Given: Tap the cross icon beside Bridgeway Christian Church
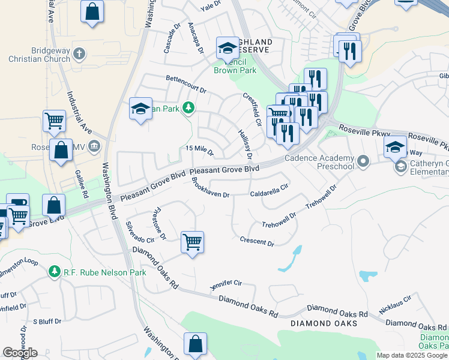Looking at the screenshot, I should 78,55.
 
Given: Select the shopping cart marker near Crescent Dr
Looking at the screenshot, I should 193,243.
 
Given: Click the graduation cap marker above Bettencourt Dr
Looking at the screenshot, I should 141,109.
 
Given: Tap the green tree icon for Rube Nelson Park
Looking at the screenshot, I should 55,272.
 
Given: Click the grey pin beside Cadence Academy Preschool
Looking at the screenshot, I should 362,161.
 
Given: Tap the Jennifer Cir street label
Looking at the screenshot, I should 226,285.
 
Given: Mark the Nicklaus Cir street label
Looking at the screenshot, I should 395,305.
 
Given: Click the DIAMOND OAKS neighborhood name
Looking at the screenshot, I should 324,323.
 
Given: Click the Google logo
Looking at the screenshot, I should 20,352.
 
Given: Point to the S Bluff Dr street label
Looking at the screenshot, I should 47,322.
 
